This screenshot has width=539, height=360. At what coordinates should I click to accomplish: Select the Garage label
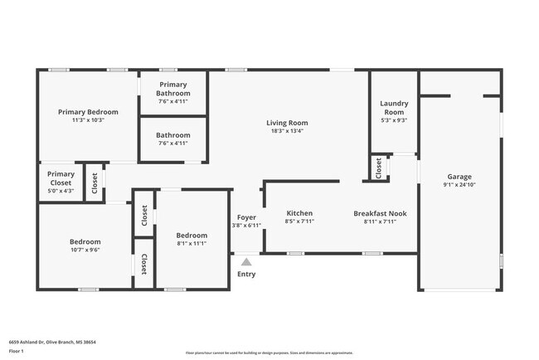pyautogui.click(x=459, y=177)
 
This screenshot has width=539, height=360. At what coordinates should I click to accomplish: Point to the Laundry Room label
pyautogui.click(x=393, y=107)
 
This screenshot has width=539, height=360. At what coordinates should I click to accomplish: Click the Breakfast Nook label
pyautogui.click(x=381, y=213)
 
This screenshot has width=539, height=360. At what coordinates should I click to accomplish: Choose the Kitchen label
pyautogui.click(x=299, y=213)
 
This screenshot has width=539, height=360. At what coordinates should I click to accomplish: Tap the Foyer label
pyautogui.click(x=246, y=217)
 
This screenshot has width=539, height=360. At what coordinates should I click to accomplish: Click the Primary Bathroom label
pyautogui.click(x=173, y=89)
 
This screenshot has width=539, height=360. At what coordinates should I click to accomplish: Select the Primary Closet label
pyautogui.click(x=61, y=178)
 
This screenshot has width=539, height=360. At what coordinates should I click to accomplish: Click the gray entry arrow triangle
pyautogui.click(x=246, y=261)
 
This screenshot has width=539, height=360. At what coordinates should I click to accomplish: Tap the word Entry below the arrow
pyautogui.click(x=246, y=275)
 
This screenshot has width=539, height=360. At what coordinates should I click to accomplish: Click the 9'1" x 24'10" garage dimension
pyautogui.click(x=459, y=185)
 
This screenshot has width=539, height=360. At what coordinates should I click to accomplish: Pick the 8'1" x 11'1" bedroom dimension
pyautogui.click(x=191, y=244)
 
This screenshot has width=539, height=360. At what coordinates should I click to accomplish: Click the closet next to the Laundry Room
pyautogui.click(x=379, y=168)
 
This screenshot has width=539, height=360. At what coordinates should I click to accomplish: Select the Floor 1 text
pyautogui.click(x=17, y=351)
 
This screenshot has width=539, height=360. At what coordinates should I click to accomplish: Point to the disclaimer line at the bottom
pyautogui.click(x=269, y=352)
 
